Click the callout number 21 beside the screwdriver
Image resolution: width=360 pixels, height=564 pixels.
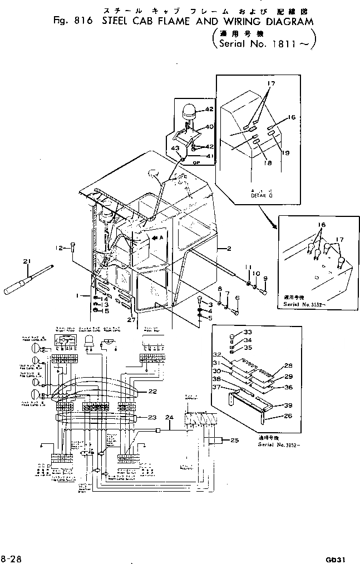click(x=26, y=261)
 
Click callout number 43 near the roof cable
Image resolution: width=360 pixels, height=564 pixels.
click(x=175, y=148)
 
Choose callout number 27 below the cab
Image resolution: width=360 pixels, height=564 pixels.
click(x=131, y=319)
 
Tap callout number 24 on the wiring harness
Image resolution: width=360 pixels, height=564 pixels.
click(x=169, y=417)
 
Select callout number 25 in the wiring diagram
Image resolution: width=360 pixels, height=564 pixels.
click(x=234, y=441)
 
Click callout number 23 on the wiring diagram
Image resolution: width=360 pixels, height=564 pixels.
click(x=151, y=417)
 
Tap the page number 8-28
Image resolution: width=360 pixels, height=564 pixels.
click(x=12, y=557)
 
